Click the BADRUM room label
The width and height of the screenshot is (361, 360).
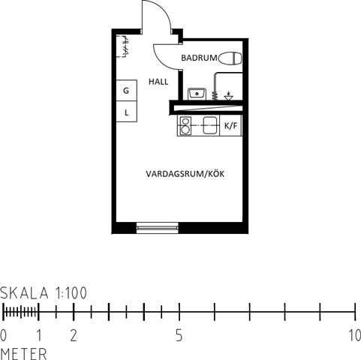pos(199,58)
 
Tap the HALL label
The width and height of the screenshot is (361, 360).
pos(158,82)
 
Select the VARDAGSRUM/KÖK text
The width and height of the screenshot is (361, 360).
pos(185,174)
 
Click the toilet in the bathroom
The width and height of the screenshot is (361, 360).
pos(230,58)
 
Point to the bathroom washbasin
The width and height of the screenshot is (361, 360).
pos(197,94)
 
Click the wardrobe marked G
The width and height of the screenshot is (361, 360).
pos(127,91)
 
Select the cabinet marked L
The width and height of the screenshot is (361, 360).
pos(127,112)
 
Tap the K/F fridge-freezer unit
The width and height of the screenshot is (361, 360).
pos(230,125)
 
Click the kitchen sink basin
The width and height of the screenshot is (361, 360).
pos(209,125)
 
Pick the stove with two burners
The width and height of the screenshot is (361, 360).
pos(185,125)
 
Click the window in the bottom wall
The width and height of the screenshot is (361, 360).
pos(158,228)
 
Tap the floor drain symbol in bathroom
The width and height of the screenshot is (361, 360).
pos(228,96)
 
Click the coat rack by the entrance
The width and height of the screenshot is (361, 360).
pos(125,46)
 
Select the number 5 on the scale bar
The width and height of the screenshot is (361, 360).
pos(179,335)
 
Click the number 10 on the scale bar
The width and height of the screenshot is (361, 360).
pos(355,335)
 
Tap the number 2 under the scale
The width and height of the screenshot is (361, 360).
pos(74,335)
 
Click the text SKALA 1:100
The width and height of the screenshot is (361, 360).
pos(44,293)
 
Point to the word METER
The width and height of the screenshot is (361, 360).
pos(24,354)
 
